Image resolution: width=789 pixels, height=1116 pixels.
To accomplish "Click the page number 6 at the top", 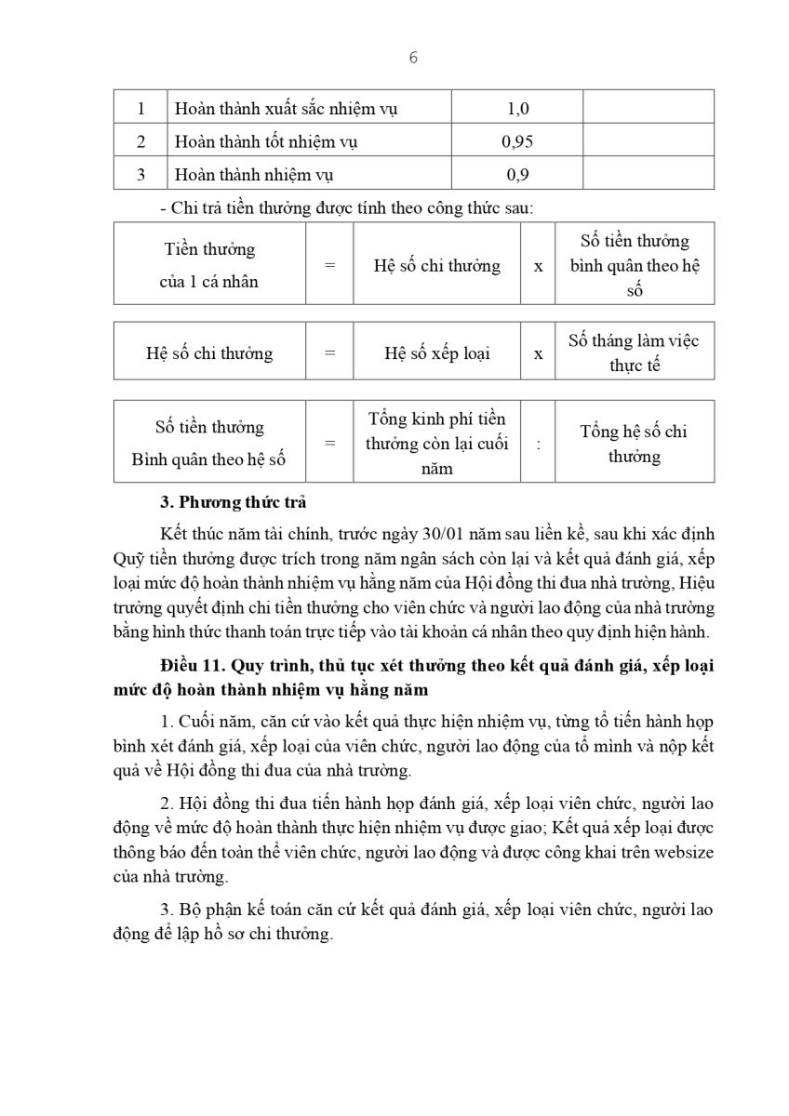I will tap(413, 58).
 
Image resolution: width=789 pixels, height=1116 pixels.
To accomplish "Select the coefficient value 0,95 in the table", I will tap(517, 141).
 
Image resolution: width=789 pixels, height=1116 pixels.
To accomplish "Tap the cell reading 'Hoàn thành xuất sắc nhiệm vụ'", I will tap(287, 109).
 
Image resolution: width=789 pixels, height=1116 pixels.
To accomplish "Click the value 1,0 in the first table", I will tap(517, 109).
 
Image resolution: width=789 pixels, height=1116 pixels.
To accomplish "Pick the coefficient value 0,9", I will tap(517, 174).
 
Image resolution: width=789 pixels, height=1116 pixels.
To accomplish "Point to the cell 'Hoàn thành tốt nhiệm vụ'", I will tap(266, 141).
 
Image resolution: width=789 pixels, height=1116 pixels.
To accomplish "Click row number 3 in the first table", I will tap(140, 174).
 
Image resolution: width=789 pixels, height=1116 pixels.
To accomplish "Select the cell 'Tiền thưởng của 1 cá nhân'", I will tap(209, 265).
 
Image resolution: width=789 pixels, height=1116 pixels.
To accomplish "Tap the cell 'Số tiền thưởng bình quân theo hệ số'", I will tap(635, 265).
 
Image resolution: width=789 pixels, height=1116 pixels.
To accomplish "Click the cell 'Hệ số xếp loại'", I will tap(437, 353).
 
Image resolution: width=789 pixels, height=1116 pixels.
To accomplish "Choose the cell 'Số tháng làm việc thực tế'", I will tap(635, 352).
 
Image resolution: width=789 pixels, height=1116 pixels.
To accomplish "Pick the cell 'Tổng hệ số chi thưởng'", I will tap(635, 444).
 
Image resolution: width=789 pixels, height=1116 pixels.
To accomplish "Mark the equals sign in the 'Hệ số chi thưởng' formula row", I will tap(329, 353).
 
